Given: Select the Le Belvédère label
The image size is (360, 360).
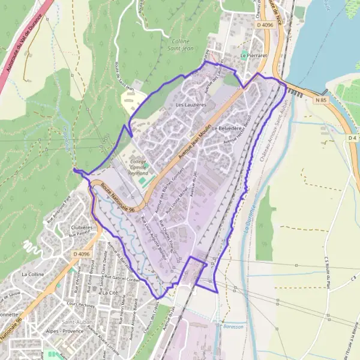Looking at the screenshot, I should [x=226, y=129].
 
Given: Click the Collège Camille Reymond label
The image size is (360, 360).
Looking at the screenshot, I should [x=138, y=167].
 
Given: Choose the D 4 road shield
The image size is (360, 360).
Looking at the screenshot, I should [x=353, y=139].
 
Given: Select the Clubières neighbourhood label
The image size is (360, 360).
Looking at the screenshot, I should [x=82, y=228].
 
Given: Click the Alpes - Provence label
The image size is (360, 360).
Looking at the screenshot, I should [x=67, y=331].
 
